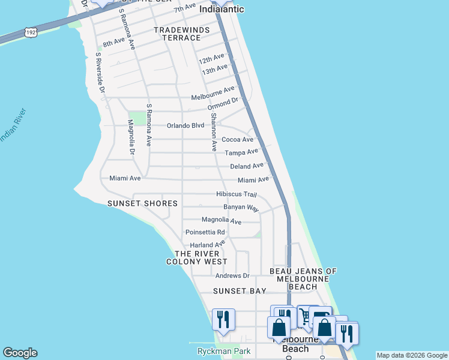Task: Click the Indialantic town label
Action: pos(221,9)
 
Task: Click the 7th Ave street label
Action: pos(185,8)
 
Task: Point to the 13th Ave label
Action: pos(215,70)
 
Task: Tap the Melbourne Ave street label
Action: pos(212,94)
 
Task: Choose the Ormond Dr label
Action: pos(223,104)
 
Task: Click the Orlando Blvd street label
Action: pos(185,126)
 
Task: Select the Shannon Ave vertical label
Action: pos(213,134)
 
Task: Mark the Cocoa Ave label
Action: pos(238,139)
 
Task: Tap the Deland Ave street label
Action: pos(247,166)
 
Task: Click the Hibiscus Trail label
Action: pos(237,194)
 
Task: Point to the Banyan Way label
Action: pos(241,208)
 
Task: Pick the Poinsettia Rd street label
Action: pos(205,232)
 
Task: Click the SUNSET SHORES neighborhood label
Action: pos(142,203)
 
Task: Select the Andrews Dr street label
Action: pos(232,276)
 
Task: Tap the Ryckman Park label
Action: pos(218,351)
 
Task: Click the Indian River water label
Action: pos(12,127)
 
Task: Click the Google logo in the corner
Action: pos(20,353)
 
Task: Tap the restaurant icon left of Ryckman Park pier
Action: pos(223,320)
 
